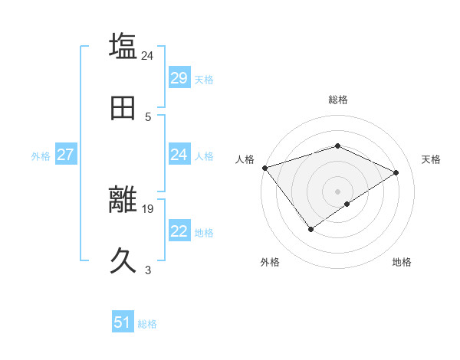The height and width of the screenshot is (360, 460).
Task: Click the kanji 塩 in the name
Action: (x=123, y=46)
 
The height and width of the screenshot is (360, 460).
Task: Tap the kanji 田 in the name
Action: (x=123, y=108)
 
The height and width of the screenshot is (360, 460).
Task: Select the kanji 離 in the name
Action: (x=123, y=200)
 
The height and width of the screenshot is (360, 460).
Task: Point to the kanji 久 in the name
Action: (x=123, y=261)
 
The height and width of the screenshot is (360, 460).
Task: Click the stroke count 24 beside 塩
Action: (x=148, y=55)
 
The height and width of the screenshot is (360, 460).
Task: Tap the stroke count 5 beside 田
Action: (x=148, y=116)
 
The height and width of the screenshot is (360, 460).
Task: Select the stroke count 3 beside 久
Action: (x=148, y=270)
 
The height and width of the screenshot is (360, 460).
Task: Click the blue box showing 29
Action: (x=179, y=78)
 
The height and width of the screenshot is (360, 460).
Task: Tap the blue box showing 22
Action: (x=179, y=231)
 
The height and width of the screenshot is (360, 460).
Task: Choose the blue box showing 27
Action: (x=65, y=155)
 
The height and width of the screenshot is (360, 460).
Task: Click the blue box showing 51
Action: (x=123, y=322)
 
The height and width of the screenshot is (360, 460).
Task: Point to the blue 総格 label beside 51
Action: (x=147, y=324)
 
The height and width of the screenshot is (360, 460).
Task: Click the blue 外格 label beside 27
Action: (x=41, y=156)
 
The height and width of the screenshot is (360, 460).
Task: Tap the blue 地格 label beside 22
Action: (x=204, y=233)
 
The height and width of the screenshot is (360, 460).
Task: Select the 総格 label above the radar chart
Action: (x=337, y=100)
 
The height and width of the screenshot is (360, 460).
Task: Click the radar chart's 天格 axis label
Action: (x=431, y=159)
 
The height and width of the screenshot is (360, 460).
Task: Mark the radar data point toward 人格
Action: (x=264, y=168)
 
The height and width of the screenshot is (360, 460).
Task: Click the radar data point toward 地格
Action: (x=347, y=204)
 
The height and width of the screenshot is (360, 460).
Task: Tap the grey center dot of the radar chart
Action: (x=337, y=191)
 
